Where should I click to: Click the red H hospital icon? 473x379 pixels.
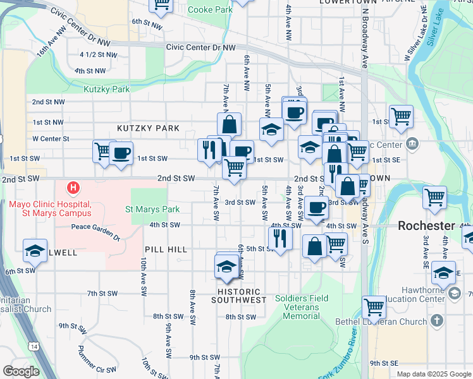(x=74, y=188)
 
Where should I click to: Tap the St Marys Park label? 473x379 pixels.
(x=152, y=209)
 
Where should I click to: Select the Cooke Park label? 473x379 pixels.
(x=211, y=10)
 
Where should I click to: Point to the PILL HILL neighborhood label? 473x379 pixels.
(x=166, y=250)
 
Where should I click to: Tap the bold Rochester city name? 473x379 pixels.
(x=426, y=226)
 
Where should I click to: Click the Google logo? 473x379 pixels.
(x=21, y=371)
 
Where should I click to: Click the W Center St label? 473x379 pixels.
(x=51, y=138)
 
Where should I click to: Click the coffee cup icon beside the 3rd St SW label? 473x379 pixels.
(x=316, y=207)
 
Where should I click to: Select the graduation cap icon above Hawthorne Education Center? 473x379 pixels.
(x=444, y=273)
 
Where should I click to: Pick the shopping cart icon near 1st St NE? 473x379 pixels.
(x=401, y=116)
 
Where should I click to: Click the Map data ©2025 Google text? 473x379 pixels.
(x=434, y=374)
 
